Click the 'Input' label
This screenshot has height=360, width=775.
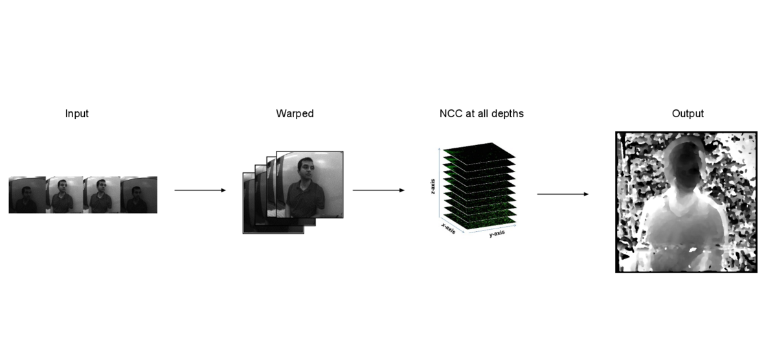pyautogui.click(x=76, y=114)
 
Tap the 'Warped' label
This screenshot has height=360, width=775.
pyautogui.click(x=295, y=114)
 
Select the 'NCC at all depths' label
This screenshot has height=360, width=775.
pyautogui.click(x=481, y=114)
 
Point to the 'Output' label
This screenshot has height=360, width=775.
pyautogui.click(x=687, y=114)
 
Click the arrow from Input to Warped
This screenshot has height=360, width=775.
pyautogui.click(x=200, y=190)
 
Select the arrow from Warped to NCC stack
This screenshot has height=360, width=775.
pyautogui.click(x=378, y=190)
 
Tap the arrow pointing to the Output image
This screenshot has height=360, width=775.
pyautogui.click(x=563, y=194)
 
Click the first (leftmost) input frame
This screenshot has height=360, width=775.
pyautogui.click(x=27, y=195)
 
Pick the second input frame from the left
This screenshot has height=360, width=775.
pyautogui.click(x=64, y=195)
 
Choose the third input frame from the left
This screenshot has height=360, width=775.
pyautogui.click(x=102, y=195)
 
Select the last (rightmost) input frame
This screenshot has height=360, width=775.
pyautogui.click(x=139, y=195)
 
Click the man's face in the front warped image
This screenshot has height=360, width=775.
pyautogui.click(x=306, y=172)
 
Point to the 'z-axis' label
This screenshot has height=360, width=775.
pyautogui.click(x=433, y=186)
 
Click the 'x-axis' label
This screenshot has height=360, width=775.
pyautogui.click(x=448, y=229)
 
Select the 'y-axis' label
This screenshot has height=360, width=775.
pyautogui.click(x=497, y=233)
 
